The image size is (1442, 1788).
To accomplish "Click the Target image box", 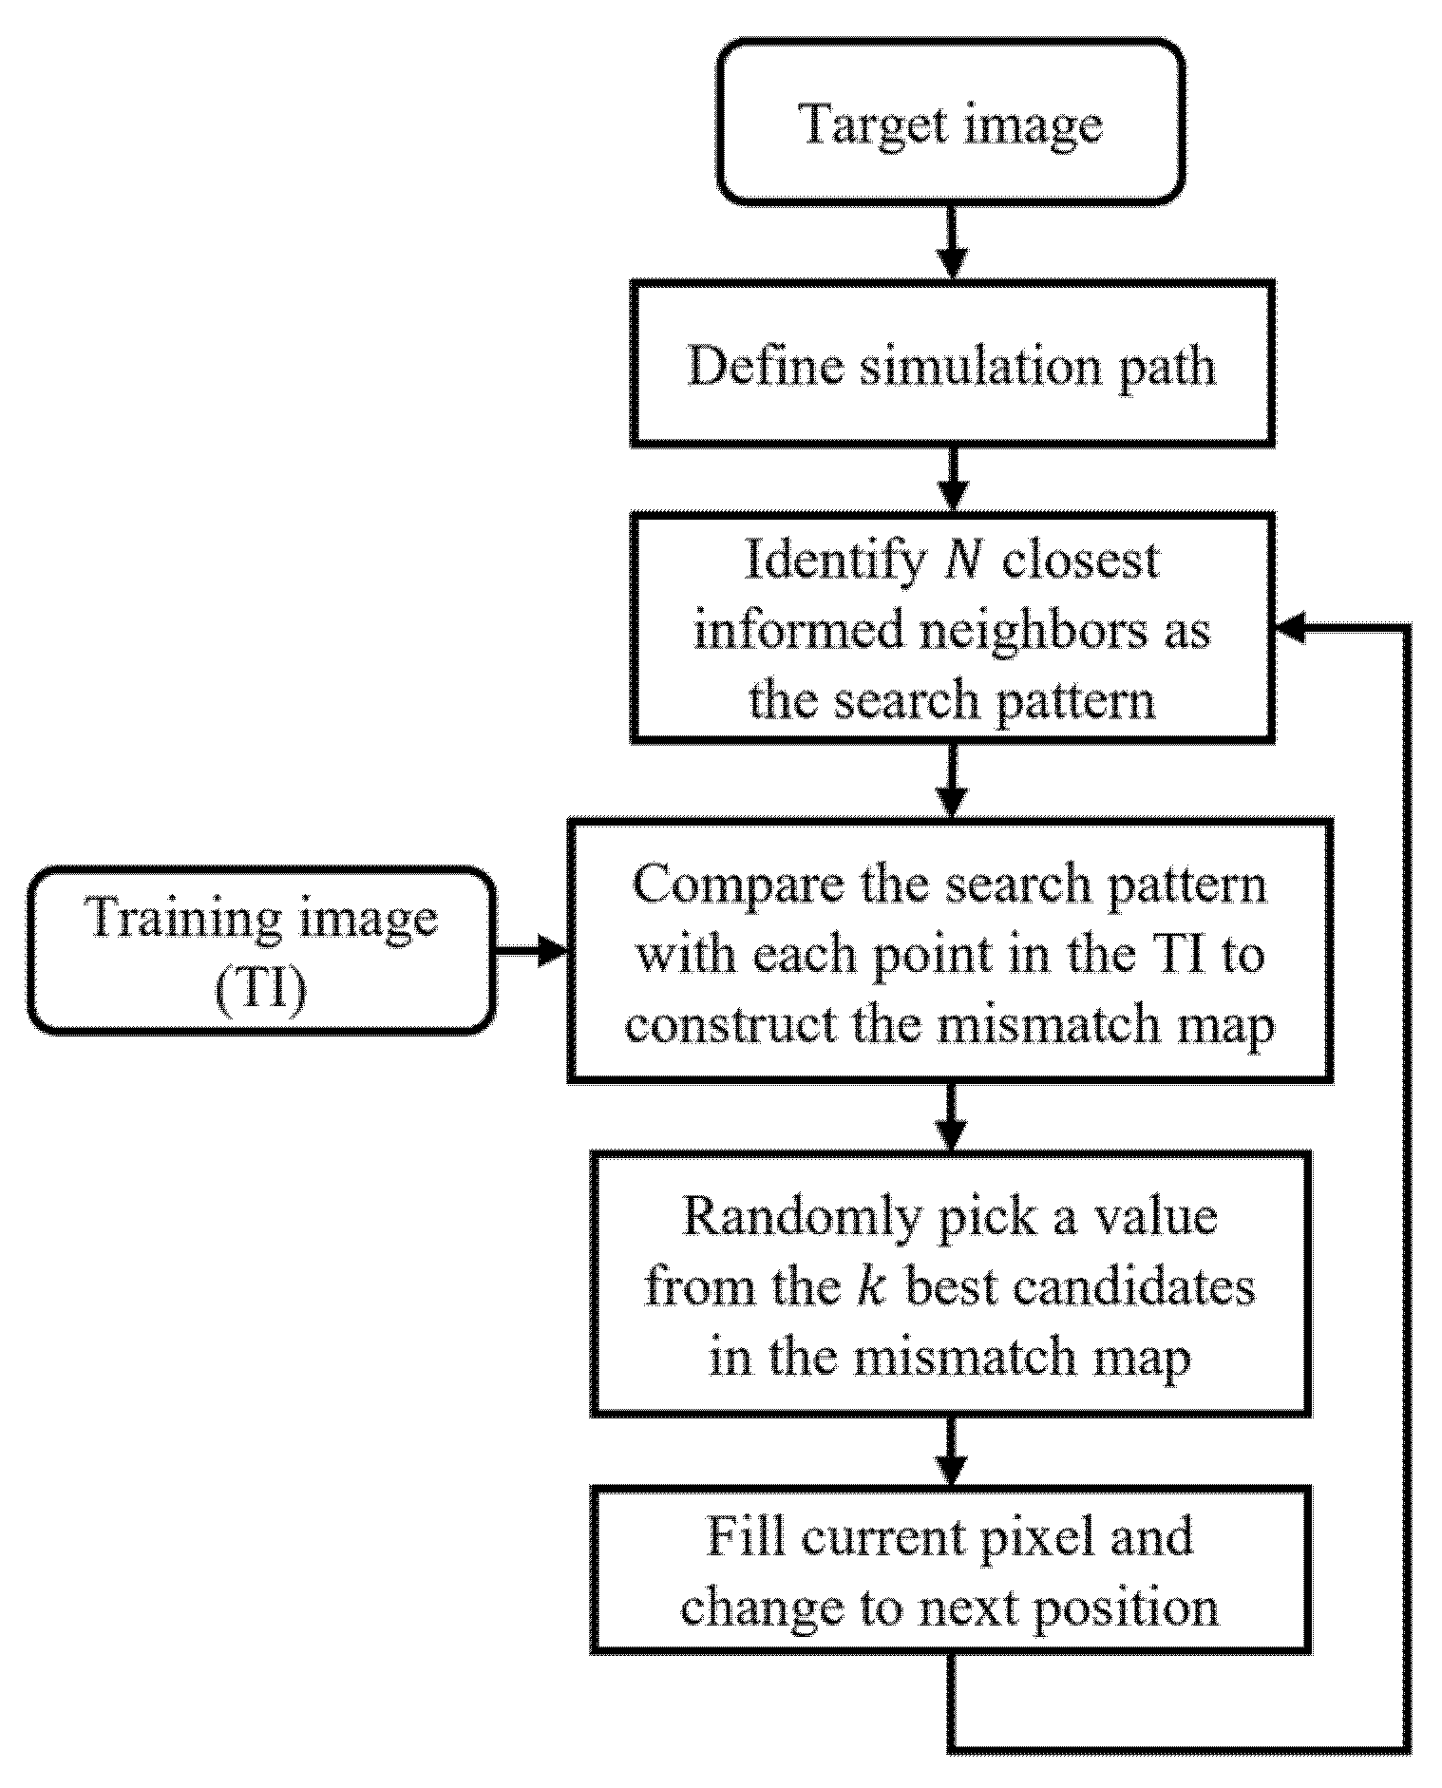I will point(951,123).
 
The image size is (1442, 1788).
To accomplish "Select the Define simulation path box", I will point(952,364).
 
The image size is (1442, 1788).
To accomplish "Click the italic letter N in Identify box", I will point(961,561).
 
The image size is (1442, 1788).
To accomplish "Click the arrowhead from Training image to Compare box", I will point(551,950).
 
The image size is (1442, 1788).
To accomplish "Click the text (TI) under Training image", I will point(262,990).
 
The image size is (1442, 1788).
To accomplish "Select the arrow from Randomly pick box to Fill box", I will point(951,1452).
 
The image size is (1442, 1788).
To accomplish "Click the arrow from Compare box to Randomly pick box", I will point(951,1117).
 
